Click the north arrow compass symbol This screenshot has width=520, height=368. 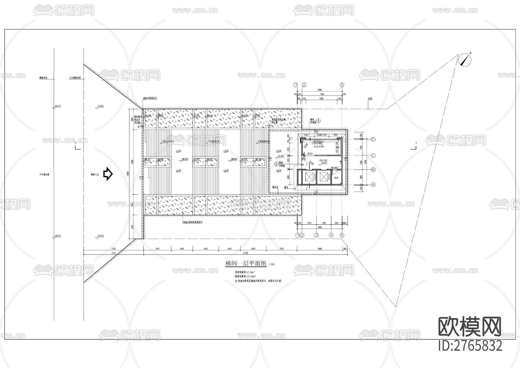click(x=465, y=60)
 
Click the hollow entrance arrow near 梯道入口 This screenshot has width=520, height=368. click(x=108, y=174)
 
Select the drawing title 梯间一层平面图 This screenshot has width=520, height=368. click(x=246, y=263)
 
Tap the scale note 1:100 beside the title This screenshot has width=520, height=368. click(x=272, y=264)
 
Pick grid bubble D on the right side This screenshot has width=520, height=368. click(x=373, y=139)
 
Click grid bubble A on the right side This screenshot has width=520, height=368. click(x=373, y=184)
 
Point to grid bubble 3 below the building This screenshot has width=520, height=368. click(x=317, y=235)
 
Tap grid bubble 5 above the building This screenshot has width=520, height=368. click(x=342, y=85)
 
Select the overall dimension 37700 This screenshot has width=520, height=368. click(x=246, y=253)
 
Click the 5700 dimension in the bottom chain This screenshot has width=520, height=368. click(x=282, y=249)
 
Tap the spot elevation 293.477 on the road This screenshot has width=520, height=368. click(x=57, y=106)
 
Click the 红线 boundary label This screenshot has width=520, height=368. click(x=370, y=99)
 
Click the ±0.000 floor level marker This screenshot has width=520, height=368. click(x=323, y=163)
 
